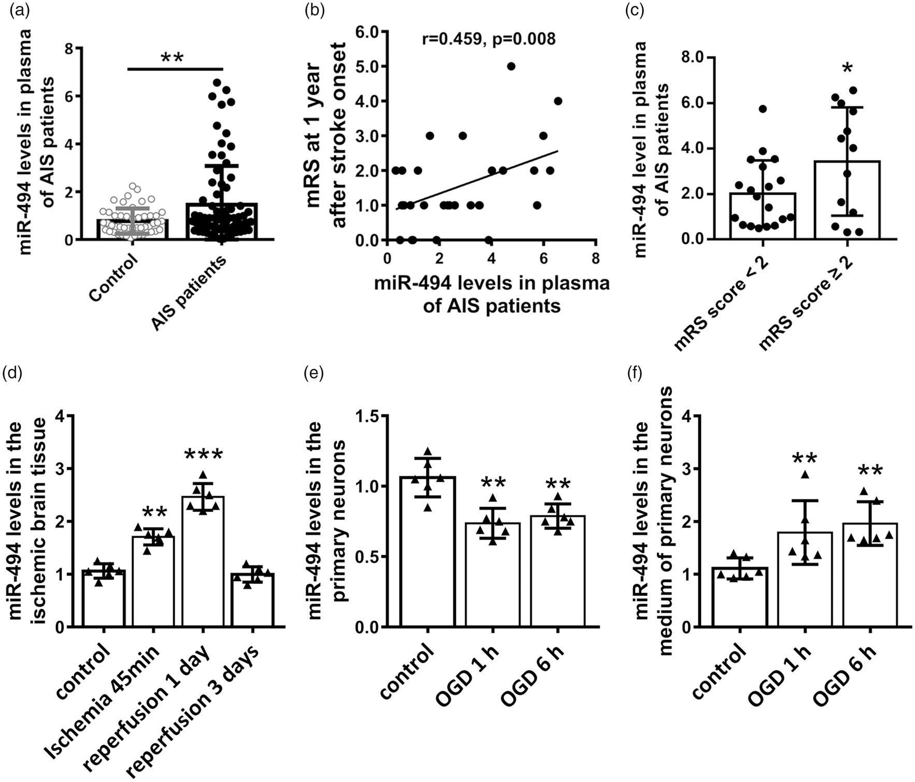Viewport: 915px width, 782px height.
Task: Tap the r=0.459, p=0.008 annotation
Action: coord(489,38)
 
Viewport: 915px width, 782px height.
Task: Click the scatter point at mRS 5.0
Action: coord(511,66)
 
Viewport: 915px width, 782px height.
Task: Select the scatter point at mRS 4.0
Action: coord(558,101)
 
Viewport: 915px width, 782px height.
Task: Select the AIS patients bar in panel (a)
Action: coord(222,221)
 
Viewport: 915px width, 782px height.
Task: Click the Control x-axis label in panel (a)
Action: coord(114,277)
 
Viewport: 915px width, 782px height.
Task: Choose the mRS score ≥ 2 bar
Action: coord(847,200)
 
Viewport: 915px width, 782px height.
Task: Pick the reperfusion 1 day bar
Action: coord(203,562)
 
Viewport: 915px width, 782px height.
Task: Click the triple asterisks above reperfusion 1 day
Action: coord(203,455)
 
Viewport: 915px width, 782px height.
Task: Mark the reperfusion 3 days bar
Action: coord(252,600)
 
